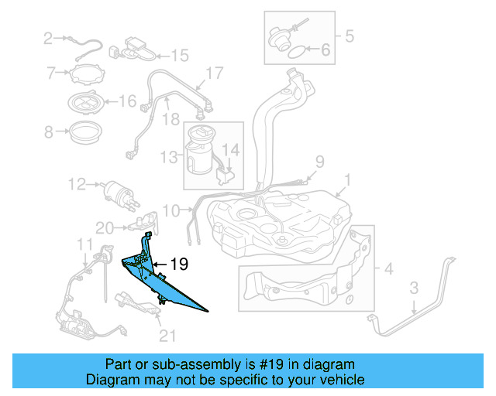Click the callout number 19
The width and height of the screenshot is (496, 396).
pyautogui.click(x=179, y=264)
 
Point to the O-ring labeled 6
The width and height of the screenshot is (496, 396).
pyautogui.click(x=295, y=53)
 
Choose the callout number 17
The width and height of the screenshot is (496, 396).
pyautogui.click(x=214, y=74)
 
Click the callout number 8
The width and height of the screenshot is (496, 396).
pyautogui.click(x=49, y=132)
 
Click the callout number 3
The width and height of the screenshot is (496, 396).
pyautogui.click(x=414, y=288)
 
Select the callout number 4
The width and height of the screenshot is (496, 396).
pyautogui.click(x=388, y=269)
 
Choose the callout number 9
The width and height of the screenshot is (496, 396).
pyautogui.click(x=318, y=162)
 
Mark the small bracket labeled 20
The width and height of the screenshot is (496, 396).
pyautogui.click(x=143, y=225)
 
